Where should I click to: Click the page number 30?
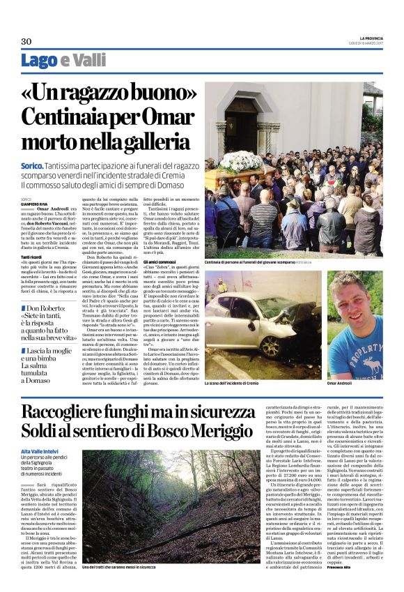pos(26,42)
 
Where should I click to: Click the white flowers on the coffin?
pos(241,161)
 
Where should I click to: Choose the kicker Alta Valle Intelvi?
pos(39,453)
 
